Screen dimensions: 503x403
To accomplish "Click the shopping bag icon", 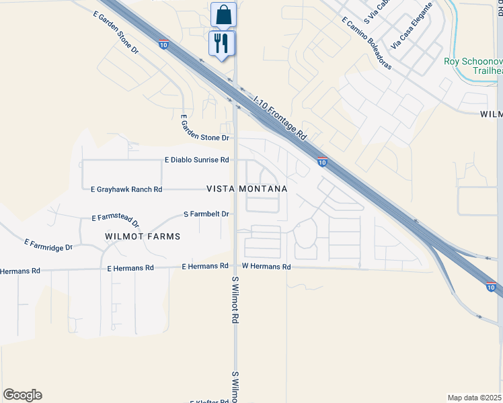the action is tap(223, 13).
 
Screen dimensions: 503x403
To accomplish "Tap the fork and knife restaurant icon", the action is tap(221, 44).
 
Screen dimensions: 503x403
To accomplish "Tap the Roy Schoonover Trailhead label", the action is tap(473, 66).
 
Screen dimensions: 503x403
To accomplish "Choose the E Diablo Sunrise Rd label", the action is tap(197, 160).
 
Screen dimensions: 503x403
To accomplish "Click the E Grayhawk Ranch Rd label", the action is tap(126, 189).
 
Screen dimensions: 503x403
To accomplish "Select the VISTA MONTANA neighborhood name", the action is tap(247, 189).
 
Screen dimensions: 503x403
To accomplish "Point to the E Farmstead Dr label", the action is tap(116, 221).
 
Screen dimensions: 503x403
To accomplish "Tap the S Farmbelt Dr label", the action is tap(207, 214).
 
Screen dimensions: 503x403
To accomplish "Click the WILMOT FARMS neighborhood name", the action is tap(143, 236).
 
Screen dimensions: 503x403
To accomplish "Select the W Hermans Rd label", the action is tap(266, 267).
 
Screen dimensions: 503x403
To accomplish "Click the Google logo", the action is tap(22, 395).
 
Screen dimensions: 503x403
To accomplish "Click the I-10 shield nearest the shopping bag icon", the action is tap(163, 44).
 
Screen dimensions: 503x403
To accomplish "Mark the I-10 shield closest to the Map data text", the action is tap(492, 287).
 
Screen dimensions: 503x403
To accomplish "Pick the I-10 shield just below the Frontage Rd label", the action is tap(323, 162).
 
